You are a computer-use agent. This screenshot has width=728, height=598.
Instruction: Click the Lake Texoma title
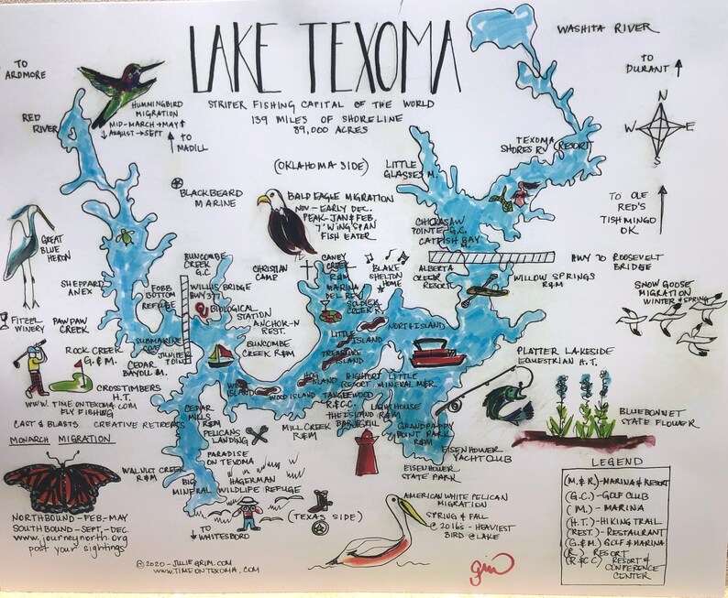point(358,57)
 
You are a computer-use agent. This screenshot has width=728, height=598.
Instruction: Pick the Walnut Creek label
point(146,473)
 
